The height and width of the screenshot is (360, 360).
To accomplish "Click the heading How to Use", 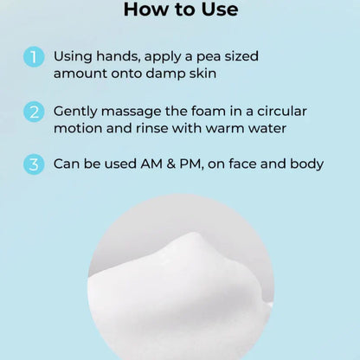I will click(x=180, y=11).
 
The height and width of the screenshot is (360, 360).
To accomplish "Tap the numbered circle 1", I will click(x=34, y=57).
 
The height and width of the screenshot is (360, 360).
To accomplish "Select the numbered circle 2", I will click(x=34, y=111).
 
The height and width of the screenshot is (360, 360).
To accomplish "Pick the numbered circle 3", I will click(x=34, y=163).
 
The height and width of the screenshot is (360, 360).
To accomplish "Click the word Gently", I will click(x=76, y=111).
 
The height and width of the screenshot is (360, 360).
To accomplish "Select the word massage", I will click(x=134, y=111).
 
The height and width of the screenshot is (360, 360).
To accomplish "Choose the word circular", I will click(x=273, y=111).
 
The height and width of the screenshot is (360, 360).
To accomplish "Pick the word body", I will click(x=305, y=163).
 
